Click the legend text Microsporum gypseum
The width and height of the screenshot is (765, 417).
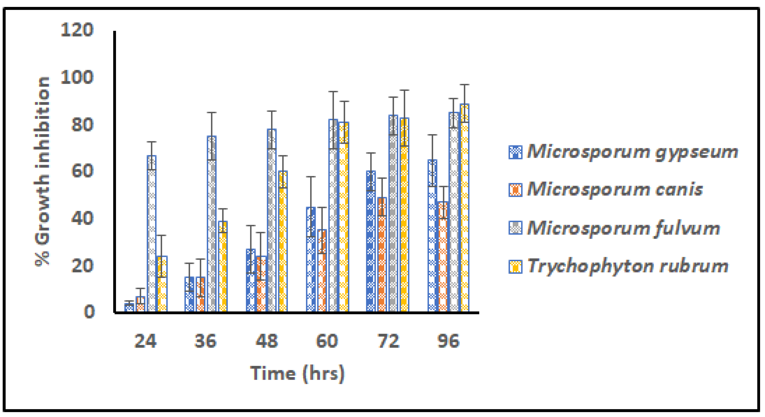tap(632, 152)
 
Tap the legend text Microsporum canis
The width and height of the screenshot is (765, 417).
tap(614, 189)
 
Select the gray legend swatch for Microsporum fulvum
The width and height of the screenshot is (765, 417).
tap(515, 228)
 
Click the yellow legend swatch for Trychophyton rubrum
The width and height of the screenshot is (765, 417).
tap(515, 266)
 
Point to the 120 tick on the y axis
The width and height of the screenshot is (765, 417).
tap(77, 30)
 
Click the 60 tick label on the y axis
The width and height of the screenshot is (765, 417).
tap(82, 171)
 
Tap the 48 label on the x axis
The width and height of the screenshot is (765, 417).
tap(266, 341)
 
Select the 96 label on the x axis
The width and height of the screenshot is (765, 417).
tap(448, 341)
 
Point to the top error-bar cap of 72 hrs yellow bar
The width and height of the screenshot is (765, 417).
tap(404, 90)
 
